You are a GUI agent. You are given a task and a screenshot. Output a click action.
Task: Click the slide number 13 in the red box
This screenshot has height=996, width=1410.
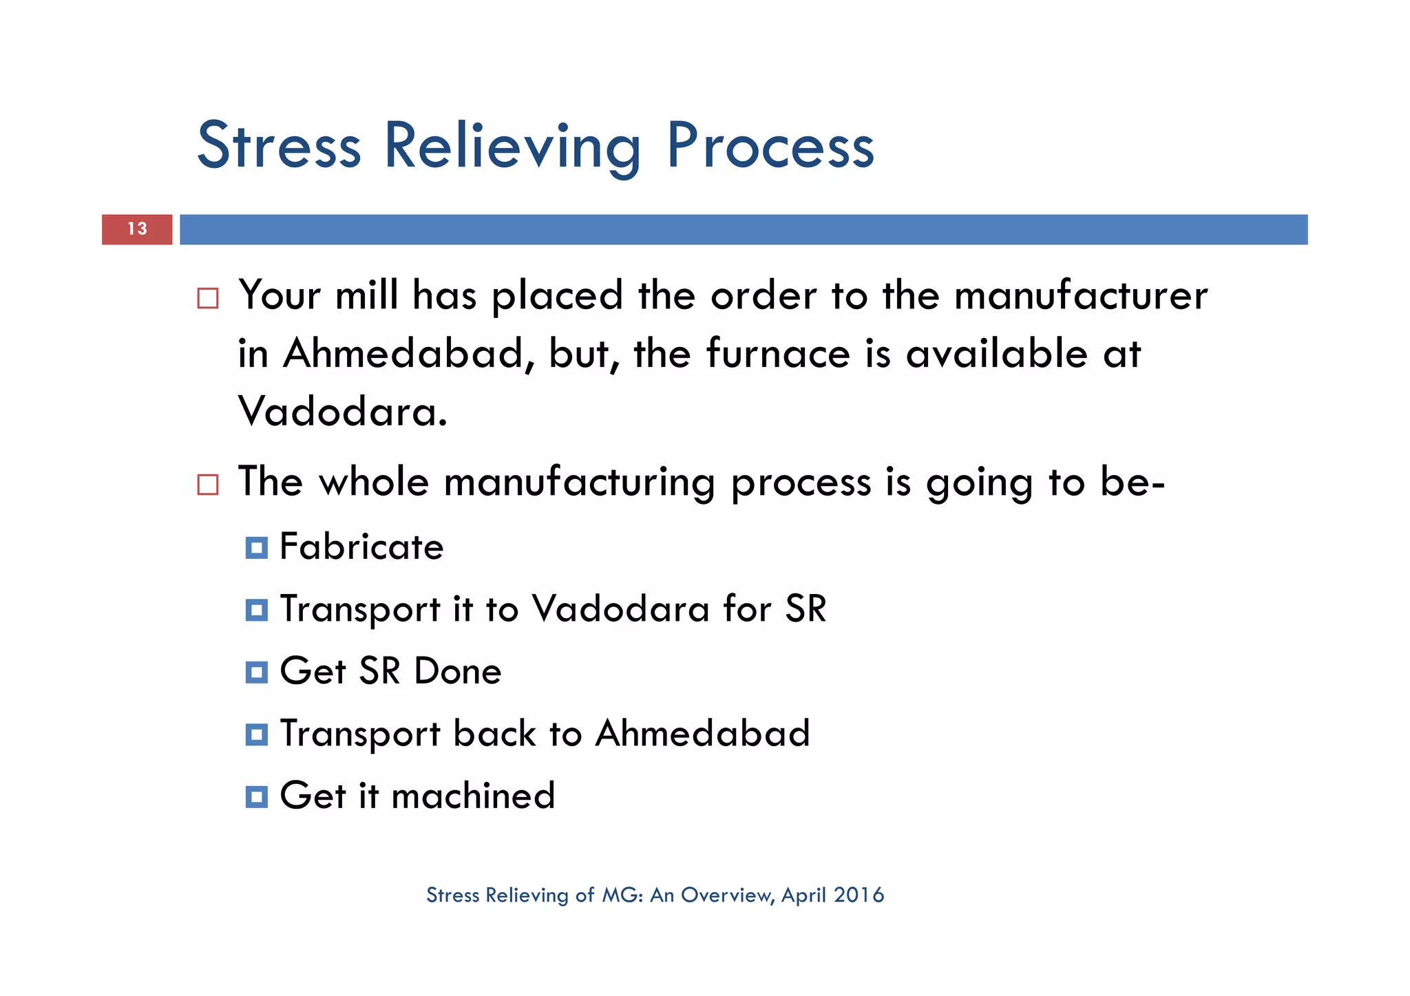pyautogui.click(x=137, y=229)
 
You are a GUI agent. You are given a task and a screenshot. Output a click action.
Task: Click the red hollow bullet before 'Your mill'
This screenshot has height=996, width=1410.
pyautogui.click(x=208, y=298)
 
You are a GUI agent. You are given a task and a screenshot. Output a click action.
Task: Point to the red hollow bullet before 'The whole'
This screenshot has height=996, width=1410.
pyautogui.click(x=208, y=484)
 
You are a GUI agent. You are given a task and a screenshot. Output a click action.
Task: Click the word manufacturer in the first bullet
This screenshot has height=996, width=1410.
pyautogui.click(x=1080, y=296)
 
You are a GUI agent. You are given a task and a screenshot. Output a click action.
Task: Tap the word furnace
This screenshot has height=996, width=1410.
pyautogui.click(x=778, y=354)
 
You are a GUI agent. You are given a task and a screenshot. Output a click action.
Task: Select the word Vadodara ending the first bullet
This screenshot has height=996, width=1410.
pyautogui.click(x=342, y=412)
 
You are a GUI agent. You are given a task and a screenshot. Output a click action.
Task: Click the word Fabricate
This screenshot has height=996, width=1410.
pyautogui.click(x=361, y=547)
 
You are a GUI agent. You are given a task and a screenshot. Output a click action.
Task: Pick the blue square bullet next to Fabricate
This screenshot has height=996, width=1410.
pyautogui.click(x=256, y=548)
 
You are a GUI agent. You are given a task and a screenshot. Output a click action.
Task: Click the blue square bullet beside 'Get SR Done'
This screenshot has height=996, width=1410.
pyautogui.click(x=256, y=672)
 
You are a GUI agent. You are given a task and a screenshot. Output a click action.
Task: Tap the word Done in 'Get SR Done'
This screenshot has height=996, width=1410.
pyautogui.click(x=458, y=671)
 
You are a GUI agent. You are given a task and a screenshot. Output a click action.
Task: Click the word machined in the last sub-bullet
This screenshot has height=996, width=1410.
pyautogui.click(x=473, y=796)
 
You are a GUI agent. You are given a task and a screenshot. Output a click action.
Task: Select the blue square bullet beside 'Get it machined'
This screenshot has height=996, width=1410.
pyautogui.click(x=256, y=796)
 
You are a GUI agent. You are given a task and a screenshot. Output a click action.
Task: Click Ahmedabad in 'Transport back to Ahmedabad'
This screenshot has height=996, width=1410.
pyautogui.click(x=702, y=733)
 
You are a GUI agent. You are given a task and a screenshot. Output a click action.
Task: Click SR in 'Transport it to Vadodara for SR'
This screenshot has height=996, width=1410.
pyautogui.click(x=806, y=609)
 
